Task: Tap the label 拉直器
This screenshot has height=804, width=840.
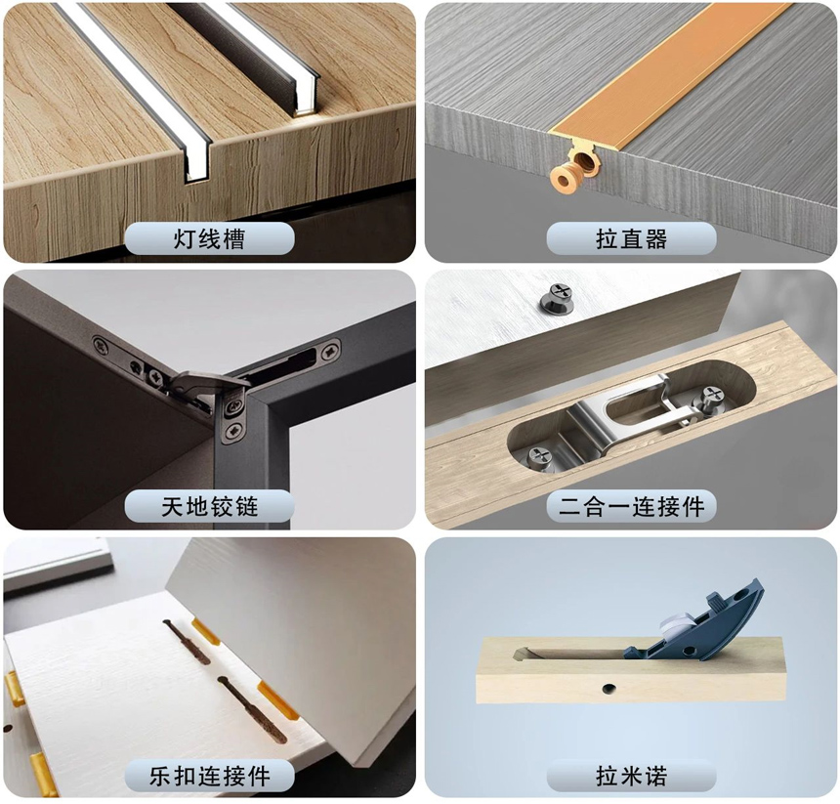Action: pyautogui.click(x=631, y=238)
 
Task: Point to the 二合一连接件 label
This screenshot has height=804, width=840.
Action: pyautogui.click(x=631, y=506)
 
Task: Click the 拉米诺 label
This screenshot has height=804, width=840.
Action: pyautogui.click(x=631, y=776)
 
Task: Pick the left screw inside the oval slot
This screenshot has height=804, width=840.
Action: pyautogui.click(x=541, y=455)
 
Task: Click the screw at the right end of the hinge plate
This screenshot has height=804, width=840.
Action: pyautogui.click(x=332, y=346)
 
